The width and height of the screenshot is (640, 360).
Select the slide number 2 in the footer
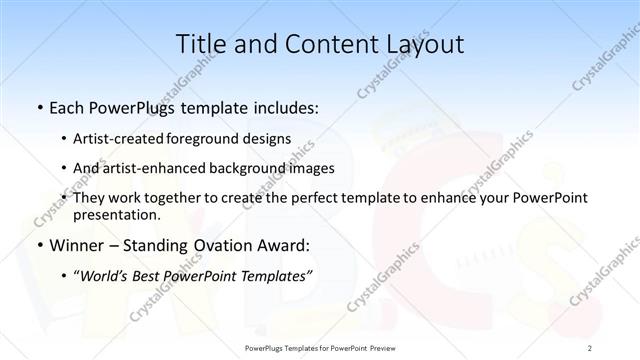[591, 347]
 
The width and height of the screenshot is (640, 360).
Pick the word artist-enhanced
[150, 168]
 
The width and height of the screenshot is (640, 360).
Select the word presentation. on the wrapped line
[117, 215]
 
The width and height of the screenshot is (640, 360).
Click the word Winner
[75, 244]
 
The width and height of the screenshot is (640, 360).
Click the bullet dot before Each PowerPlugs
[38, 106]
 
